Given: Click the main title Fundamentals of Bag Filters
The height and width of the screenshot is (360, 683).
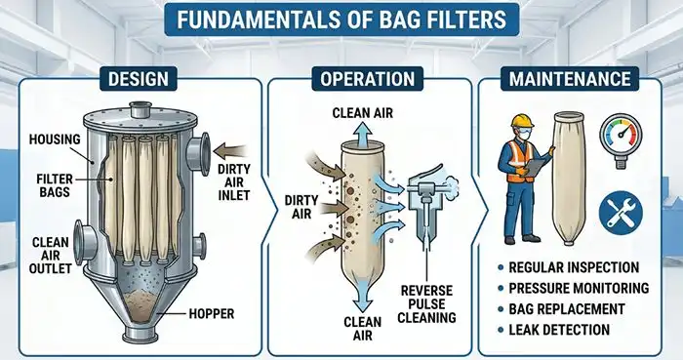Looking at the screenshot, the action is pyautogui.click(x=341, y=20).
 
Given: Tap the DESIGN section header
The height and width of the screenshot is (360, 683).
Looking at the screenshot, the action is pyautogui.click(x=139, y=79).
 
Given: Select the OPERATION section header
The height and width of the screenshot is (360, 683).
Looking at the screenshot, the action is pyautogui.click(x=367, y=79).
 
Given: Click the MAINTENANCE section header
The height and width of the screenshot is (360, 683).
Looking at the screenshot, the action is pyautogui.click(x=570, y=79).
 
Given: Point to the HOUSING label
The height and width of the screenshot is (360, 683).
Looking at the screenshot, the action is pyautogui.click(x=55, y=140).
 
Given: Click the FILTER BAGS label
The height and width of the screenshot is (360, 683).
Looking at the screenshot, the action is pyautogui.click(x=55, y=185).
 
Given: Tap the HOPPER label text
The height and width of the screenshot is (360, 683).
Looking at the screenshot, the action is pyautogui.click(x=212, y=313).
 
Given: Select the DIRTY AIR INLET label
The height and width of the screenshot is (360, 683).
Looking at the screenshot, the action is pyautogui.click(x=234, y=182).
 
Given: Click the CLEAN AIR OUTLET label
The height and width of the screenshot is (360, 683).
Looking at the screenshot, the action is pyautogui.click(x=50, y=255).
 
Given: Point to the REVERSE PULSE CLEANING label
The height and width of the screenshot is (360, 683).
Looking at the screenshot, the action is pyautogui.click(x=427, y=303).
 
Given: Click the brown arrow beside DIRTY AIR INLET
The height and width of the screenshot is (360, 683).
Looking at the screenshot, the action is pyautogui.click(x=231, y=152).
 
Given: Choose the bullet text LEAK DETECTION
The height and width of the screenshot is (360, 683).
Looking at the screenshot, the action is pyautogui.click(x=559, y=330).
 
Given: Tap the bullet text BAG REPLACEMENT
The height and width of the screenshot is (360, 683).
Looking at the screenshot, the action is pyautogui.click(x=567, y=308).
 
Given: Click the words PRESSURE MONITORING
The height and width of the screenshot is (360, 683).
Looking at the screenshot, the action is pyautogui.click(x=579, y=288).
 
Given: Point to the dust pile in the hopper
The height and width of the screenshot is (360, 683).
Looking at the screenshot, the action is pyautogui.click(x=141, y=300).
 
